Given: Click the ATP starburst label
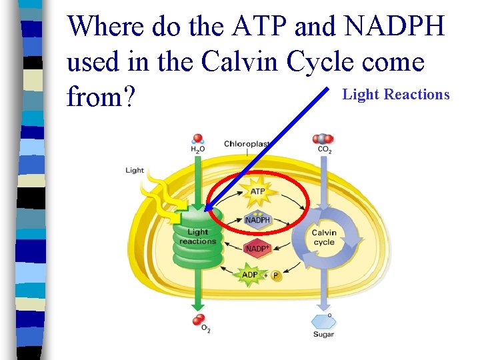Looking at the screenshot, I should (x=257, y=192).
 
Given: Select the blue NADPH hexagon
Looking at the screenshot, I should (x=257, y=220).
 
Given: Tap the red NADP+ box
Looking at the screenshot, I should (x=257, y=249).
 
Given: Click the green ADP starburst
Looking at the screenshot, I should (x=250, y=275).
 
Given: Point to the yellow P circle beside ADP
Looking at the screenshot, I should (x=276, y=275).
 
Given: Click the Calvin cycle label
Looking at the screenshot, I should (x=324, y=237).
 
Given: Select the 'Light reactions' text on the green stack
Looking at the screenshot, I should (x=197, y=237).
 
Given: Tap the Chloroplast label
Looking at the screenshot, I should (x=247, y=144).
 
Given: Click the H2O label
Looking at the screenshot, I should (x=198, y=150).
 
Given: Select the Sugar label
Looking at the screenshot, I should (x=323, y=334).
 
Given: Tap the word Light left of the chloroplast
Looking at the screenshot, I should (x=135, y=170).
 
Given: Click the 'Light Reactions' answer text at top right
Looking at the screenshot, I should (x=396, y=95).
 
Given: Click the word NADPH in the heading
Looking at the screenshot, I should (x=395, y=27).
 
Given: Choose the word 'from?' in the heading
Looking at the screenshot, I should (x=101, y=98).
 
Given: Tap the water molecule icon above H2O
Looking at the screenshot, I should (x=197, y=139).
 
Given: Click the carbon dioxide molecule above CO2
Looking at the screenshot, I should (x=323, y=139).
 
